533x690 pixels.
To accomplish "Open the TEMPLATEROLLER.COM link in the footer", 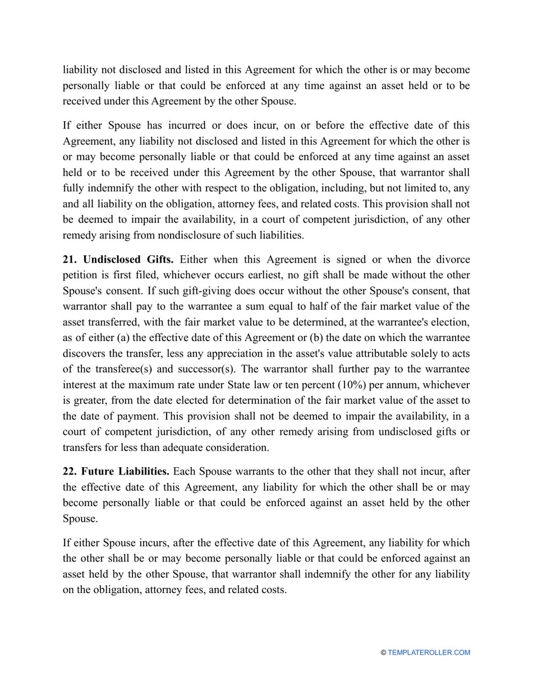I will (429, 652).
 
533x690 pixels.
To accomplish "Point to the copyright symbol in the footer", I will (383, 652).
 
